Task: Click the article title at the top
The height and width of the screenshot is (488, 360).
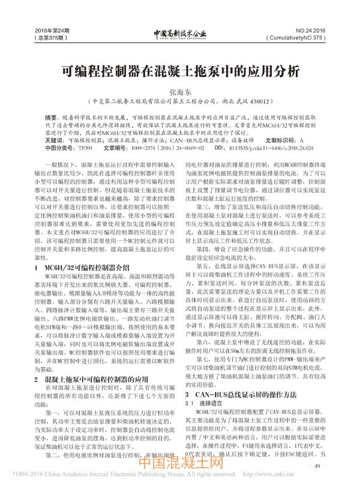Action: pyautogui.click(x=179, y=71)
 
